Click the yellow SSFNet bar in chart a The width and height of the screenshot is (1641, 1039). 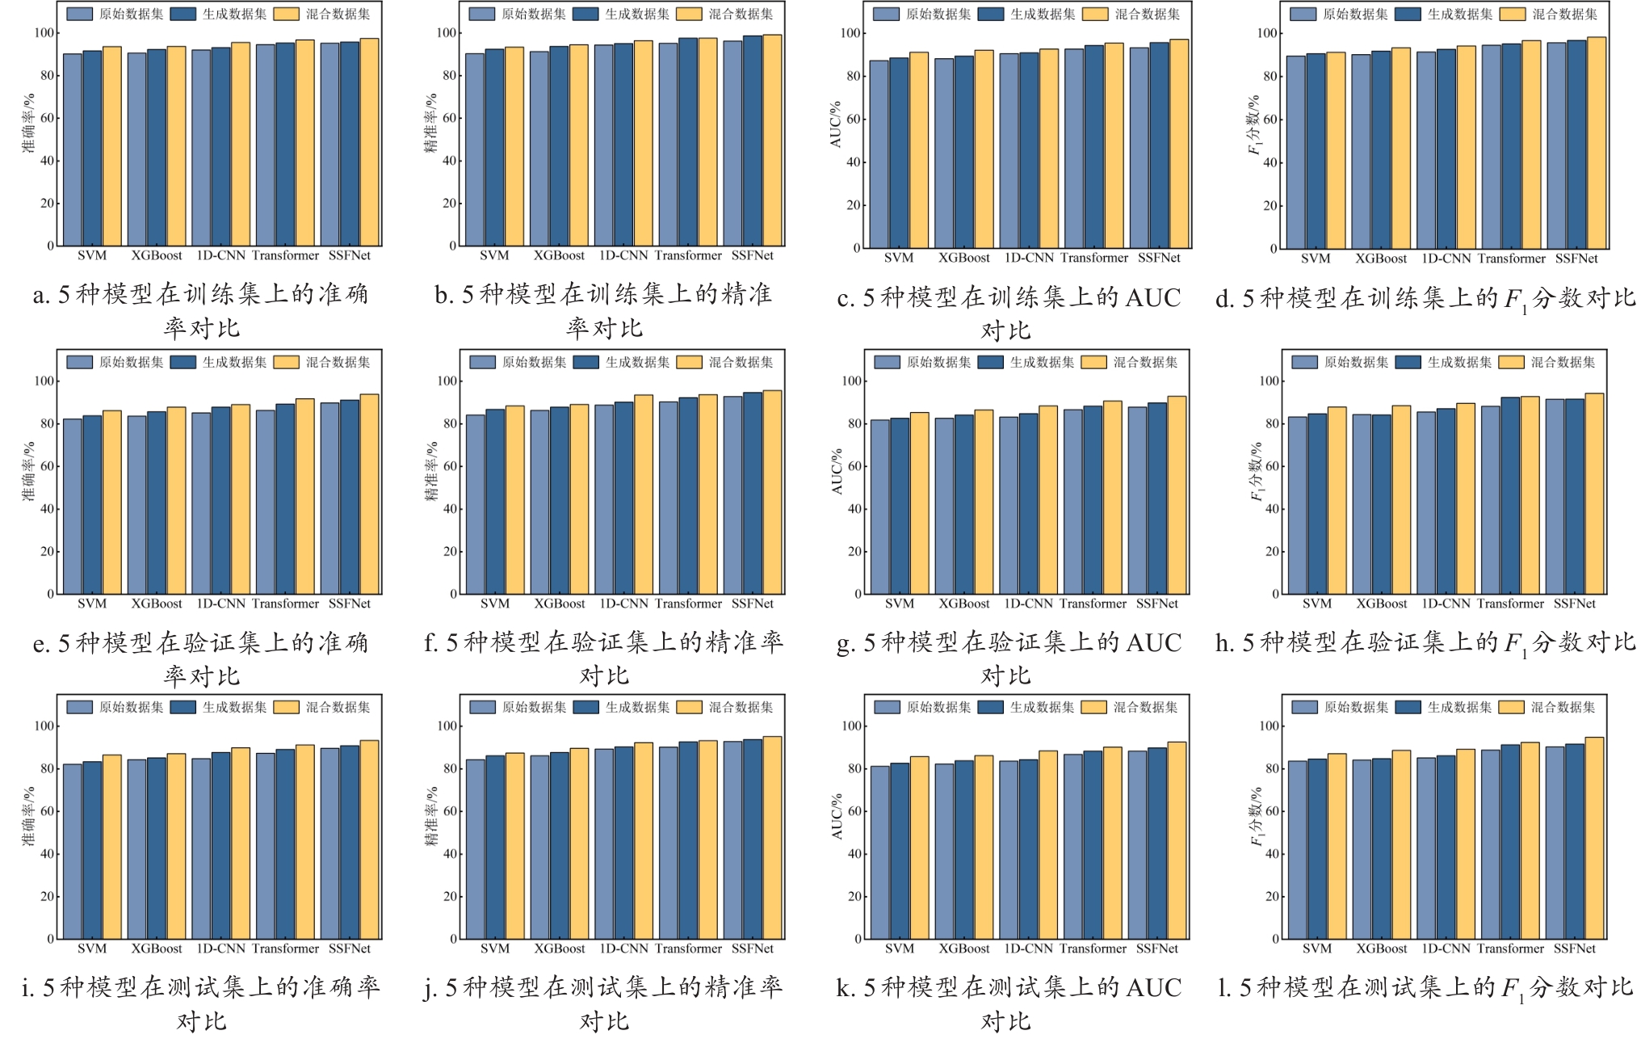click(x=369, y=142)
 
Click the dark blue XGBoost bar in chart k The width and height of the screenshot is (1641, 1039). click(x=963, y=849)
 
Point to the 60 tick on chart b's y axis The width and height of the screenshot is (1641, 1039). click(x=449, y=118)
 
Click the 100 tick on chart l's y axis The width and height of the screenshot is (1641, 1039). click(x=1270, y=726)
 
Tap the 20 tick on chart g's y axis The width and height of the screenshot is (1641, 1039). click(x=854, y=551)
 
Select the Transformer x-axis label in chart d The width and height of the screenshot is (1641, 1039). click(x=1511, y=259)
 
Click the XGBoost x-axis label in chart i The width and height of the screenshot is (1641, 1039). click(x=157, y=949)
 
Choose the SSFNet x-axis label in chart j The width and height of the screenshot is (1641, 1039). click(x=752, y=949)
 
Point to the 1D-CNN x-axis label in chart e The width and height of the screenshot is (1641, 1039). click(x=220, y=604)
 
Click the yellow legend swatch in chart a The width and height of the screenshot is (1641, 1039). click(x=286, y=14)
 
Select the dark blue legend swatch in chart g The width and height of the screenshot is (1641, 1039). click(x=990, y=362)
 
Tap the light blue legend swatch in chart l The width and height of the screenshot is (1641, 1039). click(x=1304, y=707)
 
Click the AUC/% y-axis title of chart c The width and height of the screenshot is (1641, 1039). click(x=836, y=124)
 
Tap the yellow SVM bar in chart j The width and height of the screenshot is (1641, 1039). click(x=514, y=845)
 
